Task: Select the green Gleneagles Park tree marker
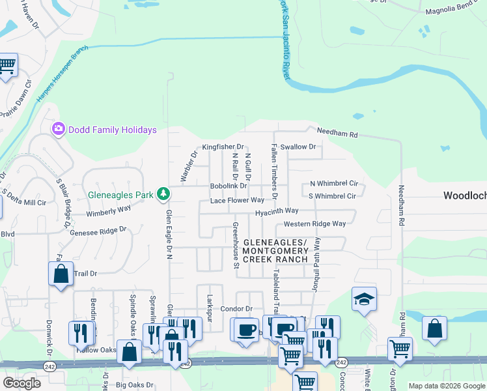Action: pos(163,194)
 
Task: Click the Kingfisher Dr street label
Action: pos(223,147)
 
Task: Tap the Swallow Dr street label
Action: pos(298,147)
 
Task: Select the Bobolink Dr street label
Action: pos(227,186)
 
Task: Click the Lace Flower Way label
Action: pos(237,200)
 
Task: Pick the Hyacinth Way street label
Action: pos(276,210)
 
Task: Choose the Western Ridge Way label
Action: pos(314,224)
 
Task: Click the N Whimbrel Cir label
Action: pos(334,184)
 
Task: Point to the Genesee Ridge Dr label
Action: pos(98,230)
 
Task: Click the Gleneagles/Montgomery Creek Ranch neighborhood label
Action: pos(275,251)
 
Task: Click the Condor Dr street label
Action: pos(236,308)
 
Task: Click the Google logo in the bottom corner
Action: pos(21,383)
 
